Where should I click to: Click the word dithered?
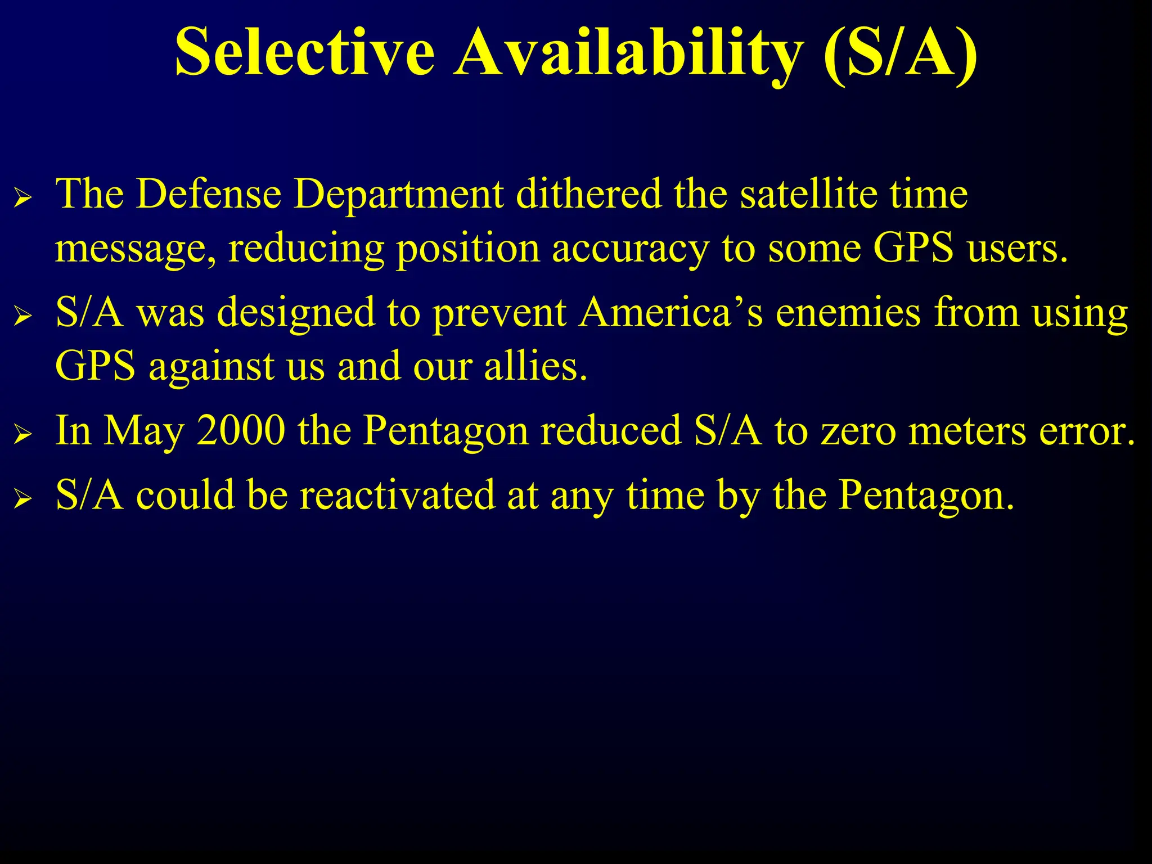coord(588,194)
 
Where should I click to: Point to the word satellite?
coord(807,194)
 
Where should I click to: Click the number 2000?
coord(241,430)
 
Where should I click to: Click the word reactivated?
coord(397,495)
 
